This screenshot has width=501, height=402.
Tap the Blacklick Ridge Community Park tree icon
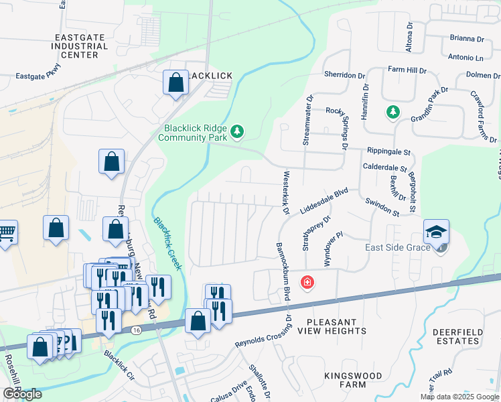(x=236, y=131)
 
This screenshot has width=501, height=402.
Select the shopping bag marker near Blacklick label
(x=175, y=84)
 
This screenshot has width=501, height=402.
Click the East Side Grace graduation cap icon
(x=436, y=232)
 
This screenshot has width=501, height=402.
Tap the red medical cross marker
(x=307, y=283)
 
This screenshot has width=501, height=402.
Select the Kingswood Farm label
(x=352, y=380)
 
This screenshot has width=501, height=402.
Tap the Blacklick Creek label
(x=167, y=243)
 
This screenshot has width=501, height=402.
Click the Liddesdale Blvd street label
(x=325, y=200)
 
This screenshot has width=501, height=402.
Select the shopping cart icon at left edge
(x=7, y=232)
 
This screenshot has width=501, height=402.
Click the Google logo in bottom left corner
(x=22, y=394)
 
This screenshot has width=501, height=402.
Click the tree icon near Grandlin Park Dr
(x=392, y=112)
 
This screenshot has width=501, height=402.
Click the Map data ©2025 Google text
(x=459, y=397)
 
